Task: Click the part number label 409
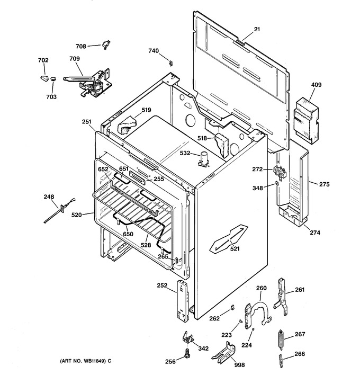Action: click(x=316, y=85)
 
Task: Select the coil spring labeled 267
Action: click(x=281, y=338)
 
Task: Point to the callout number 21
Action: click(x=257, y=29)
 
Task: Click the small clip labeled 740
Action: click(x=171, y=63)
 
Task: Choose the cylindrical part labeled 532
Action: click(x=204, y=159)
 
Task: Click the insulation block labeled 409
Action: click(x=307, y=121)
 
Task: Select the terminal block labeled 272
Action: click(x=280, y=172)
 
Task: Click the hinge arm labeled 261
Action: click(x=282, y=296)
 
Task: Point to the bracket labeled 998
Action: click(x=223, y=352)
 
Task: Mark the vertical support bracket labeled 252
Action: click(x=183, y=301)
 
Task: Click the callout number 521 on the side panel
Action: click(x=235, y=249)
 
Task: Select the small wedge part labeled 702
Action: click(x=44, y=78)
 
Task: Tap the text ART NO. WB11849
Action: click(x=83, y=361)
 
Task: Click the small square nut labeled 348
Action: click(x=277, y=183)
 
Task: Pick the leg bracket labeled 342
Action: click(x=188, y=338)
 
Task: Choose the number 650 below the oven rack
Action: click(x=128, y=234)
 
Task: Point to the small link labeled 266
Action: click(x=281, y=360)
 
